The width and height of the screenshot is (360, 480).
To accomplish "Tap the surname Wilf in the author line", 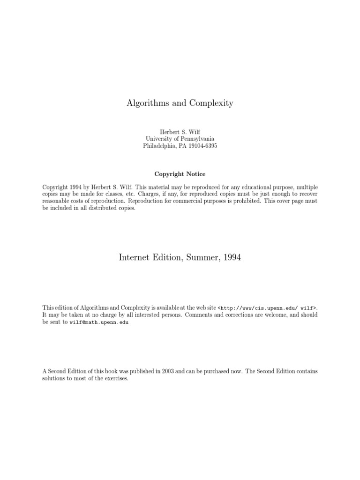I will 194,132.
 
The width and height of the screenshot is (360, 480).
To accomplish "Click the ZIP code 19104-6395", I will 202,146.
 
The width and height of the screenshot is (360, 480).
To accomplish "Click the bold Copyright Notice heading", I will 180,174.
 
